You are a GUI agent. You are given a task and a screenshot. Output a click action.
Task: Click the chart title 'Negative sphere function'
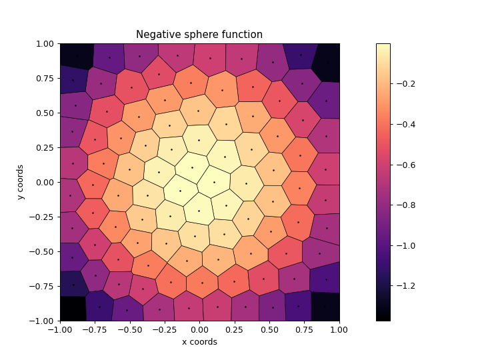click(x=199, y=35)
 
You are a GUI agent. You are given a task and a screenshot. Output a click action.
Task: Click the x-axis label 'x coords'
click(x=199, y=342)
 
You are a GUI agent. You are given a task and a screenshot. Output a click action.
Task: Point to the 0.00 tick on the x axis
click(x=199, y=329)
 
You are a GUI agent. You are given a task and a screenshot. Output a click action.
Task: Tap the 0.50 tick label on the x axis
click(x=269, y=329)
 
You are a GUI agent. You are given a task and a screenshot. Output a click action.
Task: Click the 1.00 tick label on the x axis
click(x=339, y=329)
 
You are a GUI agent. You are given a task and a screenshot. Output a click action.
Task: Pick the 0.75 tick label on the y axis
click(x=46, y=78)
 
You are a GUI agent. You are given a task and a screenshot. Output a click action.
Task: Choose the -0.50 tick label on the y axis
click(x=43, y=251)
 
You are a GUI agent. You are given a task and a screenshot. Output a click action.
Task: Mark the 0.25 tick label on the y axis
click(x=46, y=147)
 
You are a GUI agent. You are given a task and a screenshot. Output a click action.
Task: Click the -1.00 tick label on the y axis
click(x=43, y=321)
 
